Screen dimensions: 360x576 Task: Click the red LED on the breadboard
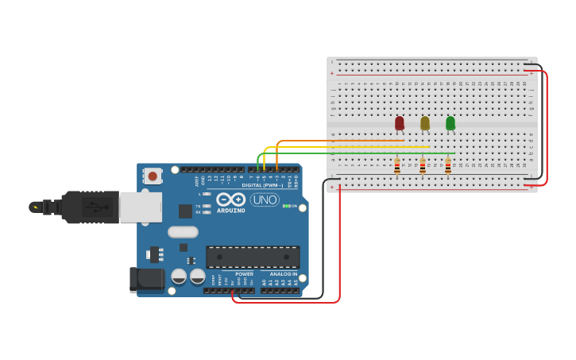400,123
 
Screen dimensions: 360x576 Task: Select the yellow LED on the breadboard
425,123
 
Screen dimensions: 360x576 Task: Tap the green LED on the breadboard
450,123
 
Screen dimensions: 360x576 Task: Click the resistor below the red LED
397,166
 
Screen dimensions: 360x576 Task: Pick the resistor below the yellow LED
423,166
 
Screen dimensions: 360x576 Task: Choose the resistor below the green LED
448,166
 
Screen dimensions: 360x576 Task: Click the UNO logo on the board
265,199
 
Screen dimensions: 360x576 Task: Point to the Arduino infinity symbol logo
231,199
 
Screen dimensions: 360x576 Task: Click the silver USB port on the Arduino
141,207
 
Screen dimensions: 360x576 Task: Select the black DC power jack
147,278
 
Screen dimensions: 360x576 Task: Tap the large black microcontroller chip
253,257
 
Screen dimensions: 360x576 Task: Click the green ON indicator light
285,206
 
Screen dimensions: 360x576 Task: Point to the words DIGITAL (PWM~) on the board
262,185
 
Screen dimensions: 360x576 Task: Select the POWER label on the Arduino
244,274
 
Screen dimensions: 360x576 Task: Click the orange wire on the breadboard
342,141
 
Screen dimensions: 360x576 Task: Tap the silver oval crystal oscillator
183,232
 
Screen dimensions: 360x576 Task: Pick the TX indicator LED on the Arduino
207,207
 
